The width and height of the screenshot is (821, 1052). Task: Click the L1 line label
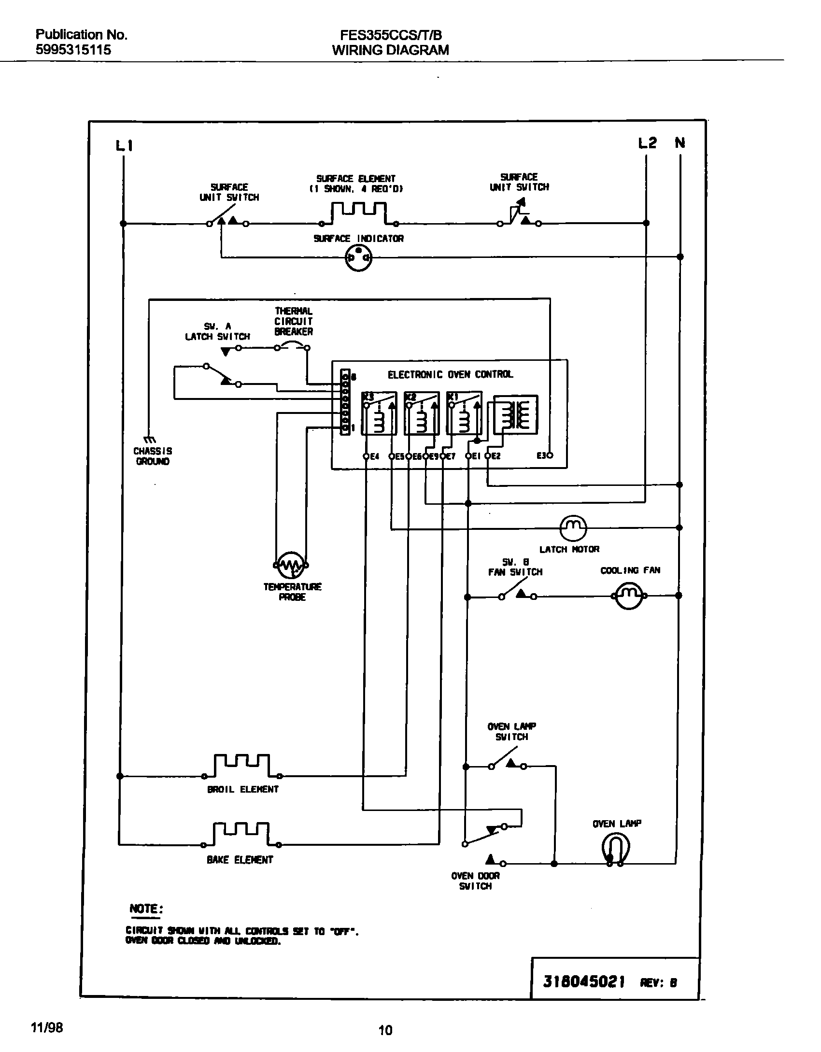tap(124, 145)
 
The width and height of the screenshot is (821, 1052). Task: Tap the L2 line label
tap(647, 143)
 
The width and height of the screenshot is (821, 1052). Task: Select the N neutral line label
tap(680, 143)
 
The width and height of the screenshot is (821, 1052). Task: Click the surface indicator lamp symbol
tap(358, 258)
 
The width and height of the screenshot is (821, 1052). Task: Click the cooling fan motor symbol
tap(629, 596)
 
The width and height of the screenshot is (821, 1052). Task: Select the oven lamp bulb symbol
tap(615, 848)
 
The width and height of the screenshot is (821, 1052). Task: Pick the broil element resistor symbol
tap(242, 766)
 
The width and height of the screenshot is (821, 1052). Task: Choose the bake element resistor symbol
tap(241, 834)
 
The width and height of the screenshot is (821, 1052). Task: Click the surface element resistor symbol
tap(358, 214)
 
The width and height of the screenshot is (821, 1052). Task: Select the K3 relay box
tap(379, 413)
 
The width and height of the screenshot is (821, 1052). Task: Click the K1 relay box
tap(464, 413)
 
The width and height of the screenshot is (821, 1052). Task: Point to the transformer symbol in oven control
tap(514, 413)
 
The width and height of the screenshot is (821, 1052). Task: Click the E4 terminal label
tap(375, 456)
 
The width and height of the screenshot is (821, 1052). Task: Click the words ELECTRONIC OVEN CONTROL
tap(450, 374)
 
